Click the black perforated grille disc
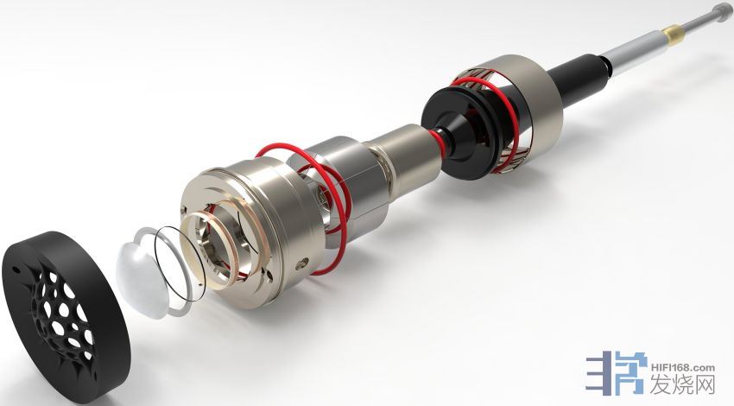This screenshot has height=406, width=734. coord(66,314)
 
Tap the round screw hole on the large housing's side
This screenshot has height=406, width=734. coord(303,263)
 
